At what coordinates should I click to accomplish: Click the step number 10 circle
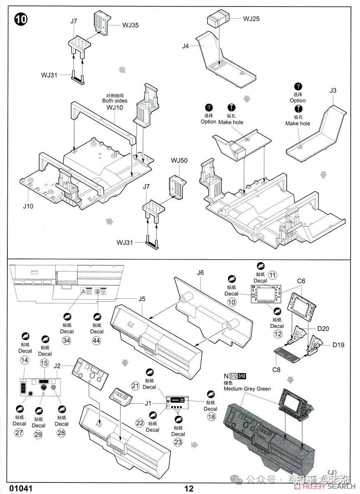(x=21, y=19)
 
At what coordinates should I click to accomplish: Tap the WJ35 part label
(x=130, y=25)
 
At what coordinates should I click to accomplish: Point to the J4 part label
(x=186, y=46)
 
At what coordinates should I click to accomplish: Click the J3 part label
(x=333, y=90)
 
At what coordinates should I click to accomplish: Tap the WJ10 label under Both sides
(x=115, y=107)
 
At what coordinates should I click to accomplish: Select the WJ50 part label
(x=179, y=160)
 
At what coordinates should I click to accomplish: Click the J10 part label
(x=28, y=206)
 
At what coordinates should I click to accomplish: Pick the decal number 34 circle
(x=67, y=340)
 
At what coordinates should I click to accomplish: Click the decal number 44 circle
(x=97, y=340)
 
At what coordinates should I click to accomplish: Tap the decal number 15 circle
(x=45, y=363)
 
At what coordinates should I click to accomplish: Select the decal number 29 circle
(x=39, y=434)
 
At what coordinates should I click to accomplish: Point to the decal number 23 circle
(x=178, y=443)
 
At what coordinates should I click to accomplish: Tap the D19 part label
(x=338, y=345)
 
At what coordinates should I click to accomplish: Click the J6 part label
(x=200, y=273)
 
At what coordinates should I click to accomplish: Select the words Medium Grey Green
(x=247, y=389)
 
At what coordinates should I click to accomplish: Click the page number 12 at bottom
(x=189, y=489)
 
